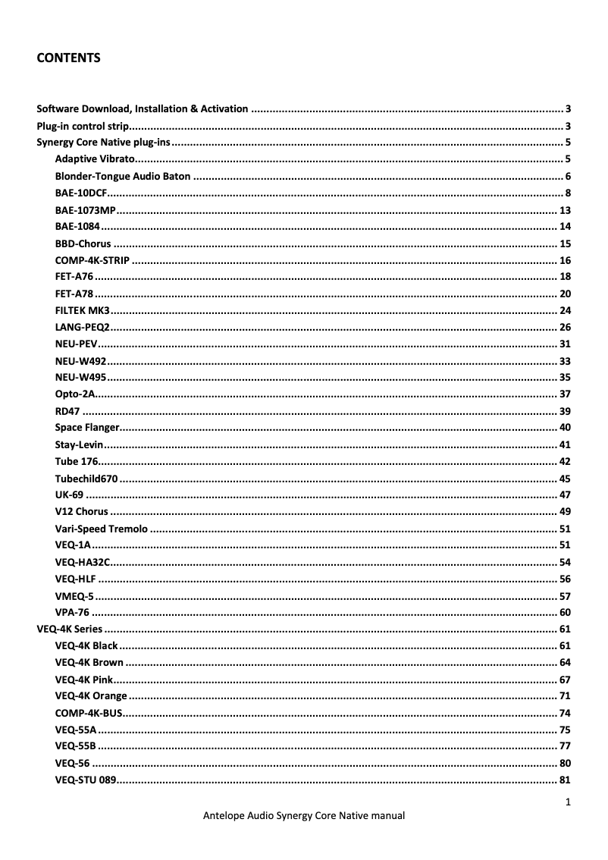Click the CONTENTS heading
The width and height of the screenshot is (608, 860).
[68, 58]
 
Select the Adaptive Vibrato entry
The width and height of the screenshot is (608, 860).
[95, 159]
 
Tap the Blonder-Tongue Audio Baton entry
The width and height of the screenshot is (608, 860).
[122, 176]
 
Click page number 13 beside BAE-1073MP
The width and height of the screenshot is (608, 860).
[564, 210]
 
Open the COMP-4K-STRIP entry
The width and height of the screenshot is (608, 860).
[92, 260]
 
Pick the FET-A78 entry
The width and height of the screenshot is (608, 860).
[74, 293]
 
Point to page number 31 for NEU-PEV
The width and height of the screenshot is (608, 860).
[564, 344]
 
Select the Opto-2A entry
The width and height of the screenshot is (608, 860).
[74, 394]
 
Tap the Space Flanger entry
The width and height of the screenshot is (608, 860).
[87, 428]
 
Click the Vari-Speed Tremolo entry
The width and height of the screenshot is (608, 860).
[101, 529]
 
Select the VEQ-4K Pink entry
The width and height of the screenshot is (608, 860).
[84, 680]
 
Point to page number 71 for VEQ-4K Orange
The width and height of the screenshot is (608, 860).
[564, 696]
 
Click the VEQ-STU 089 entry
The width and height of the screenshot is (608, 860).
[85, 780]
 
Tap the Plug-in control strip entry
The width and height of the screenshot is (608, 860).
[83, 126]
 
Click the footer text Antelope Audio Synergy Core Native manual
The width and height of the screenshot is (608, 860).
[304, 816]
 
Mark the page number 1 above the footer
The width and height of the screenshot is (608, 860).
[568, 801]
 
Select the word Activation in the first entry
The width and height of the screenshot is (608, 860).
[224, 108]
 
